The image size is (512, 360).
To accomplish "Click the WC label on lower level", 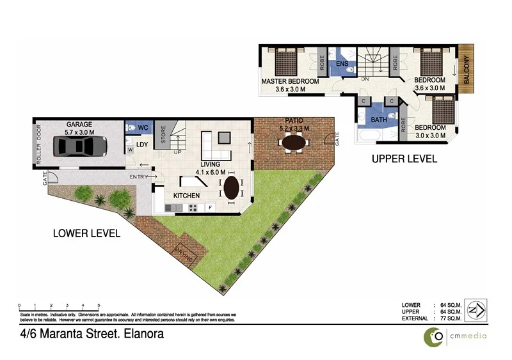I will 143,128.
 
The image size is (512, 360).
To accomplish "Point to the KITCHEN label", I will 186,195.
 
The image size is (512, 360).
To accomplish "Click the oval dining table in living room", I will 230,187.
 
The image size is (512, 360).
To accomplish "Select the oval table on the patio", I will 294,143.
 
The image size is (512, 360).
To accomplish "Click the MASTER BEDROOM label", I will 290,82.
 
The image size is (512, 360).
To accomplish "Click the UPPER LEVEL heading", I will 404,159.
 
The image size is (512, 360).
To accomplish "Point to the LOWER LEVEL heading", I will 86,233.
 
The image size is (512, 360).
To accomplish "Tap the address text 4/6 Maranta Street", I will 92,334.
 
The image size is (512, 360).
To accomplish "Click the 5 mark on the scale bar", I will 99,305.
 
